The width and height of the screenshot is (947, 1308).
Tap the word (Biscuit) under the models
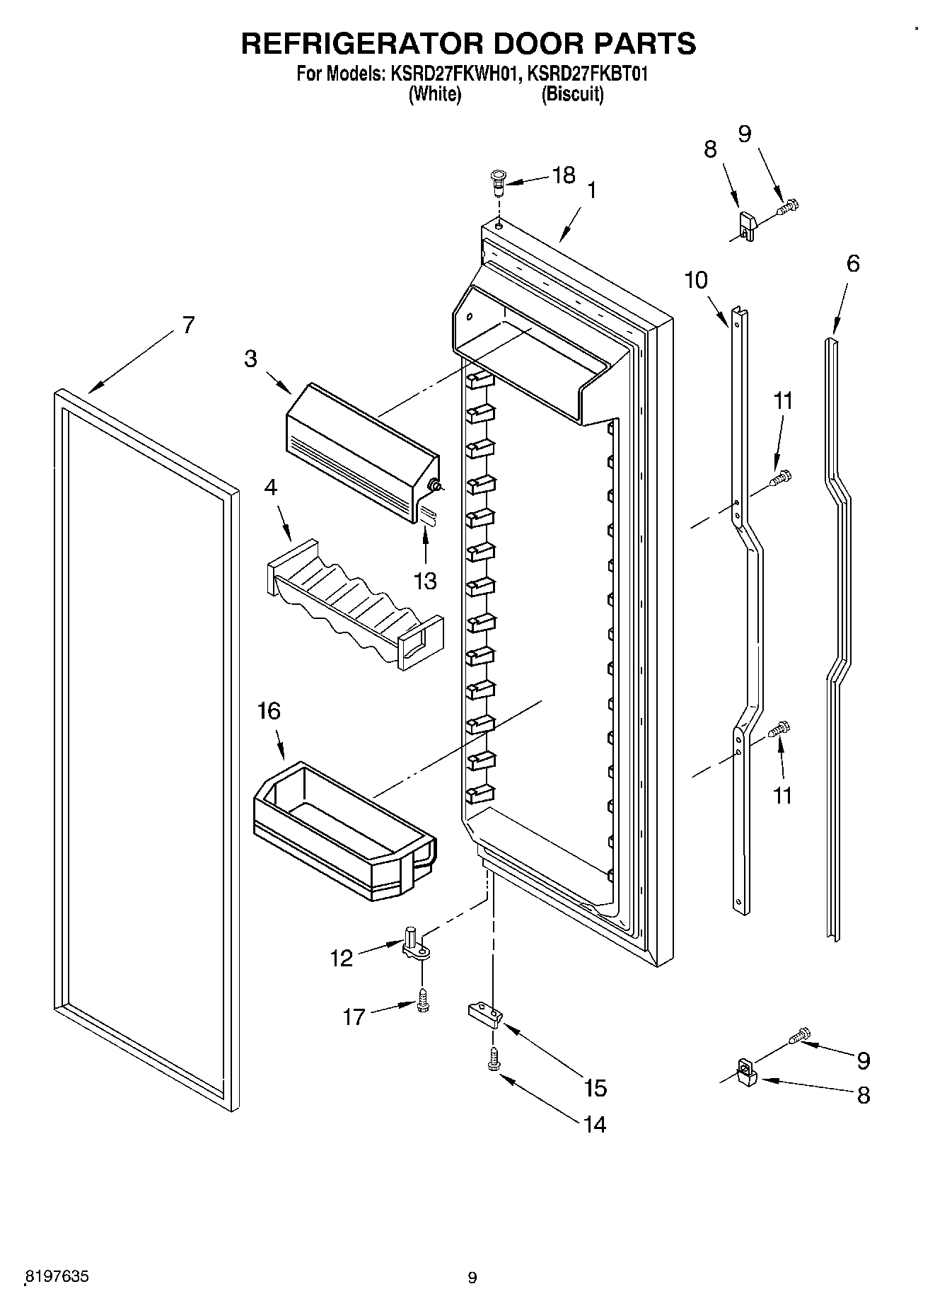(x=572, y=94)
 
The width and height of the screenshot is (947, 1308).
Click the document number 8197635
(x=57, y=1277)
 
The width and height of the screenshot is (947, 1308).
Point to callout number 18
(x=563, y=175)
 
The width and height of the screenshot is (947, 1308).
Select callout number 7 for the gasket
(x=187, y=325)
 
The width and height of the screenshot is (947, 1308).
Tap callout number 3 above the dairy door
(x=251, y=359)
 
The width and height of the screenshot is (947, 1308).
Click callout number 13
(x=425, y=581)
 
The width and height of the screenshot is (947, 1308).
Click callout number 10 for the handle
(x=696, y=280)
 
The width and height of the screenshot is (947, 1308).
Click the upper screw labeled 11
(x=782, y=479)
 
